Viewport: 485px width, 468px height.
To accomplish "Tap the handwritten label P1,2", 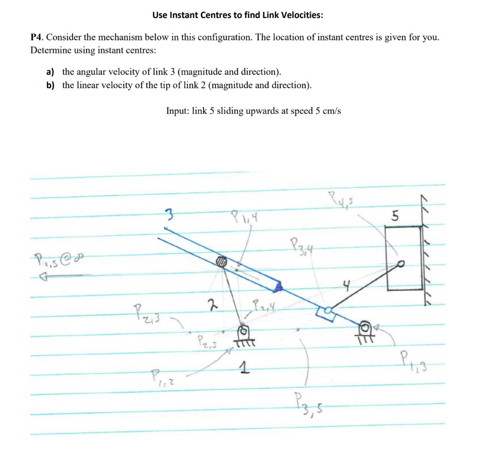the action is (160, 378).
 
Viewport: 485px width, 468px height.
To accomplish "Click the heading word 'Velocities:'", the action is (300, 15).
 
